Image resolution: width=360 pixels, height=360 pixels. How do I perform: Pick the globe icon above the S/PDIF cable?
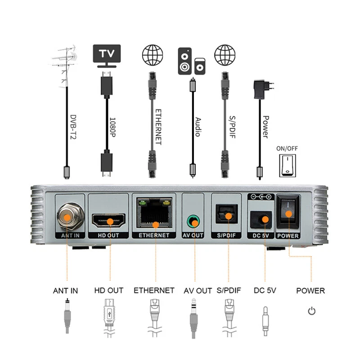coord(225,56)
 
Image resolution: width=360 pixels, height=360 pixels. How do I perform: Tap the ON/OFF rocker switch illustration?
coord(286,165)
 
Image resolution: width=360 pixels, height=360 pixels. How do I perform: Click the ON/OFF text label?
coord(286,148)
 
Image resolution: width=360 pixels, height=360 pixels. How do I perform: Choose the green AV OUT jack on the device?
coord(193,221)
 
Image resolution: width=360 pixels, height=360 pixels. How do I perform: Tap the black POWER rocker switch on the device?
coord(288,214)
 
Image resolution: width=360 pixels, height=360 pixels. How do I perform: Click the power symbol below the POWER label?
coord(310,311)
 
